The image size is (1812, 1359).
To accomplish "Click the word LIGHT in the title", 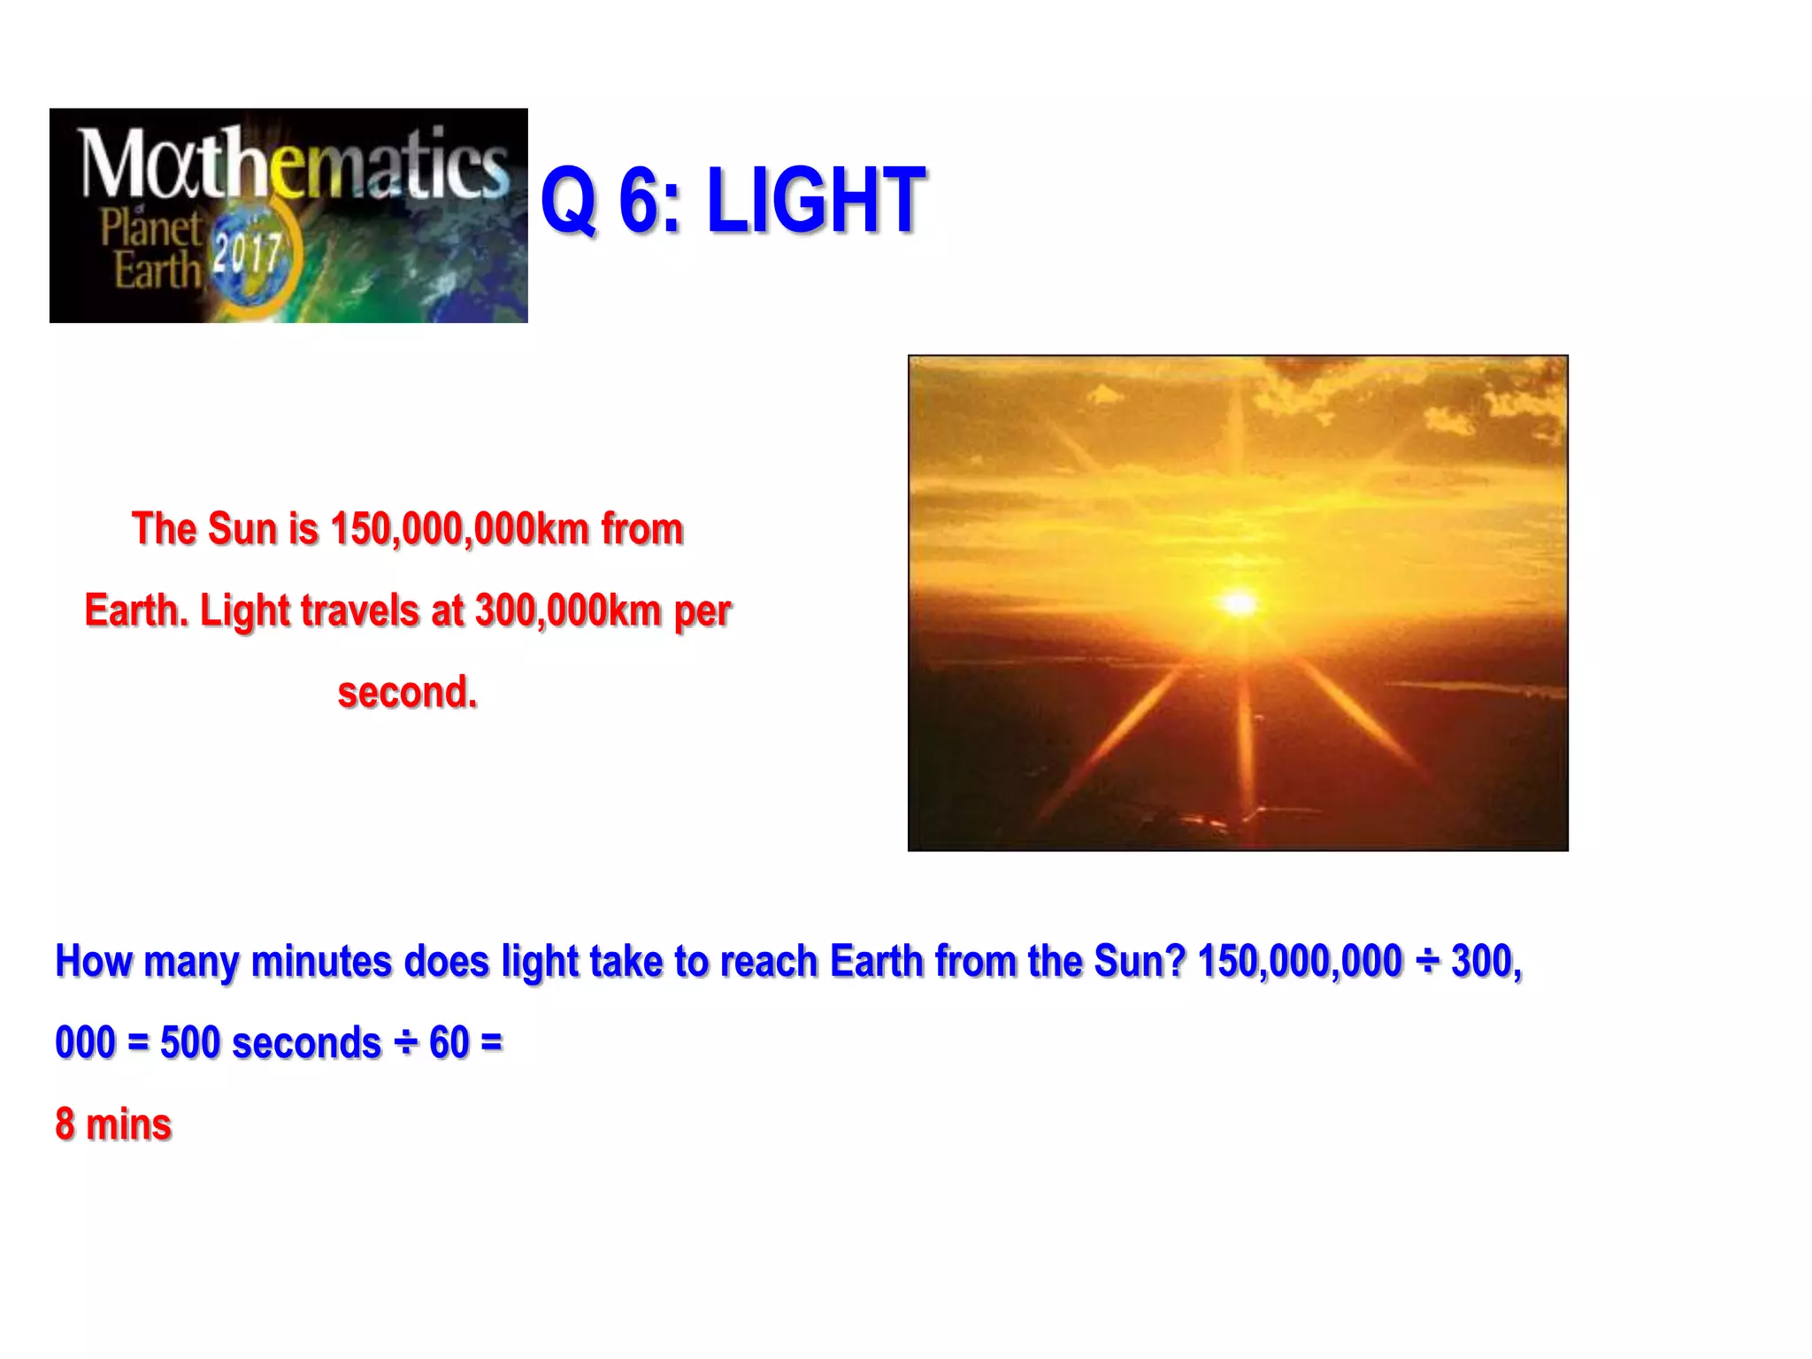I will [816, 202].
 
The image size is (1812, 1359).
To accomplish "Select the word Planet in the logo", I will [150, 227].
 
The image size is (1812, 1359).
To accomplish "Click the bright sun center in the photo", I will [1239, 603].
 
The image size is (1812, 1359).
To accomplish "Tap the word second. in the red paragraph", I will [408, 692].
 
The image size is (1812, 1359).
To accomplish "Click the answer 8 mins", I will [113, 1125].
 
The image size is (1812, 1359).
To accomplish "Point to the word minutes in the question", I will [321, 962].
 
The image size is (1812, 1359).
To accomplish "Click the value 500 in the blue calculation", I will [190, 1043].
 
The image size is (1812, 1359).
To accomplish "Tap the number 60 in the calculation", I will [449, 1043].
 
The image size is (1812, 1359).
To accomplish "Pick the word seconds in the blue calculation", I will [306, 1043].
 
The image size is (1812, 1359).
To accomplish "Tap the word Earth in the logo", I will [157, 271].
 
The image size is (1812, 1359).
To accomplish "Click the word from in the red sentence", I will [642, 529].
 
